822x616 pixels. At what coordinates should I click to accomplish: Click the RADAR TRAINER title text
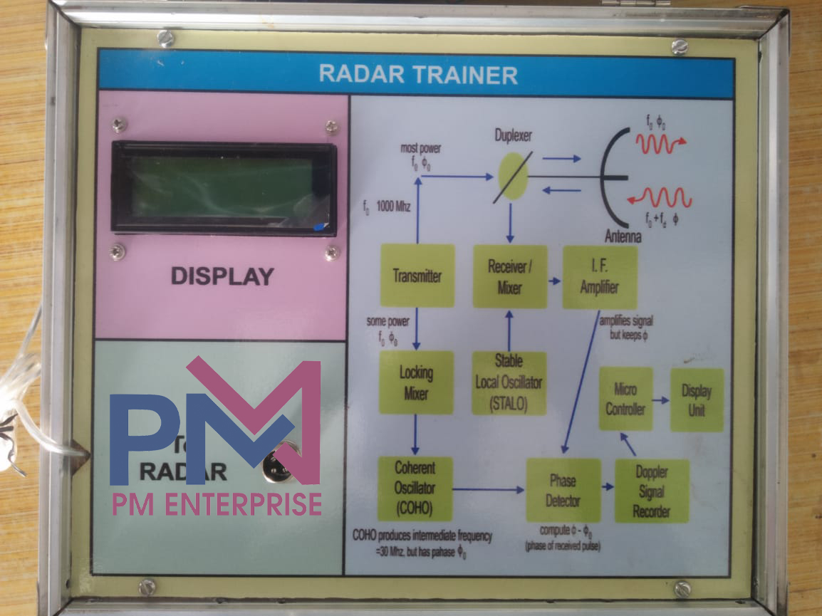click(x=417, y=74)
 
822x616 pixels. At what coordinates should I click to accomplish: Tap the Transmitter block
click(x=417, y=276)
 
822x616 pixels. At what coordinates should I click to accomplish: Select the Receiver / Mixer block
click(x=510, y=277)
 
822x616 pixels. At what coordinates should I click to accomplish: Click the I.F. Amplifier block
click(x=600, y=277)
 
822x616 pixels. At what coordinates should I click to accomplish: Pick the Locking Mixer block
click(x=416, y=382)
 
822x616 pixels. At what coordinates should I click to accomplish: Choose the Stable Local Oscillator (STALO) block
click(x=509, y=382)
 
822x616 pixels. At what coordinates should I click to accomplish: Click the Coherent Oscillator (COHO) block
click(x=415, y=489)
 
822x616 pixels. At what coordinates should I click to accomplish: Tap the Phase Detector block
click(x=563, y=490)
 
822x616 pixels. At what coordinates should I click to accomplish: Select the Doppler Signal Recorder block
click(x=652, y=491)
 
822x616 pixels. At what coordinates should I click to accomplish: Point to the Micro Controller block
click(x=625, y=399)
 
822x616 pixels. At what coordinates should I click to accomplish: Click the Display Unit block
click(x=697, y=399)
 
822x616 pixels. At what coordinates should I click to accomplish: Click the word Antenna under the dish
click(x=622, y=237)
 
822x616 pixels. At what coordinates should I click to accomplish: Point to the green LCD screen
click(x=222, y=188)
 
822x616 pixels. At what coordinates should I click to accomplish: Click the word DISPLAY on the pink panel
click(x=222, y=276)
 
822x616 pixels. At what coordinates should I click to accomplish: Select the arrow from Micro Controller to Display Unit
click(x=661, y=400)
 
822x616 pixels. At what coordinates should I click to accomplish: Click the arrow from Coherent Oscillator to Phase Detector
click(x=489, y=489)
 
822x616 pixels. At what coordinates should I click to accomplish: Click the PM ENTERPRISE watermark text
click(x=217, y=503)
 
